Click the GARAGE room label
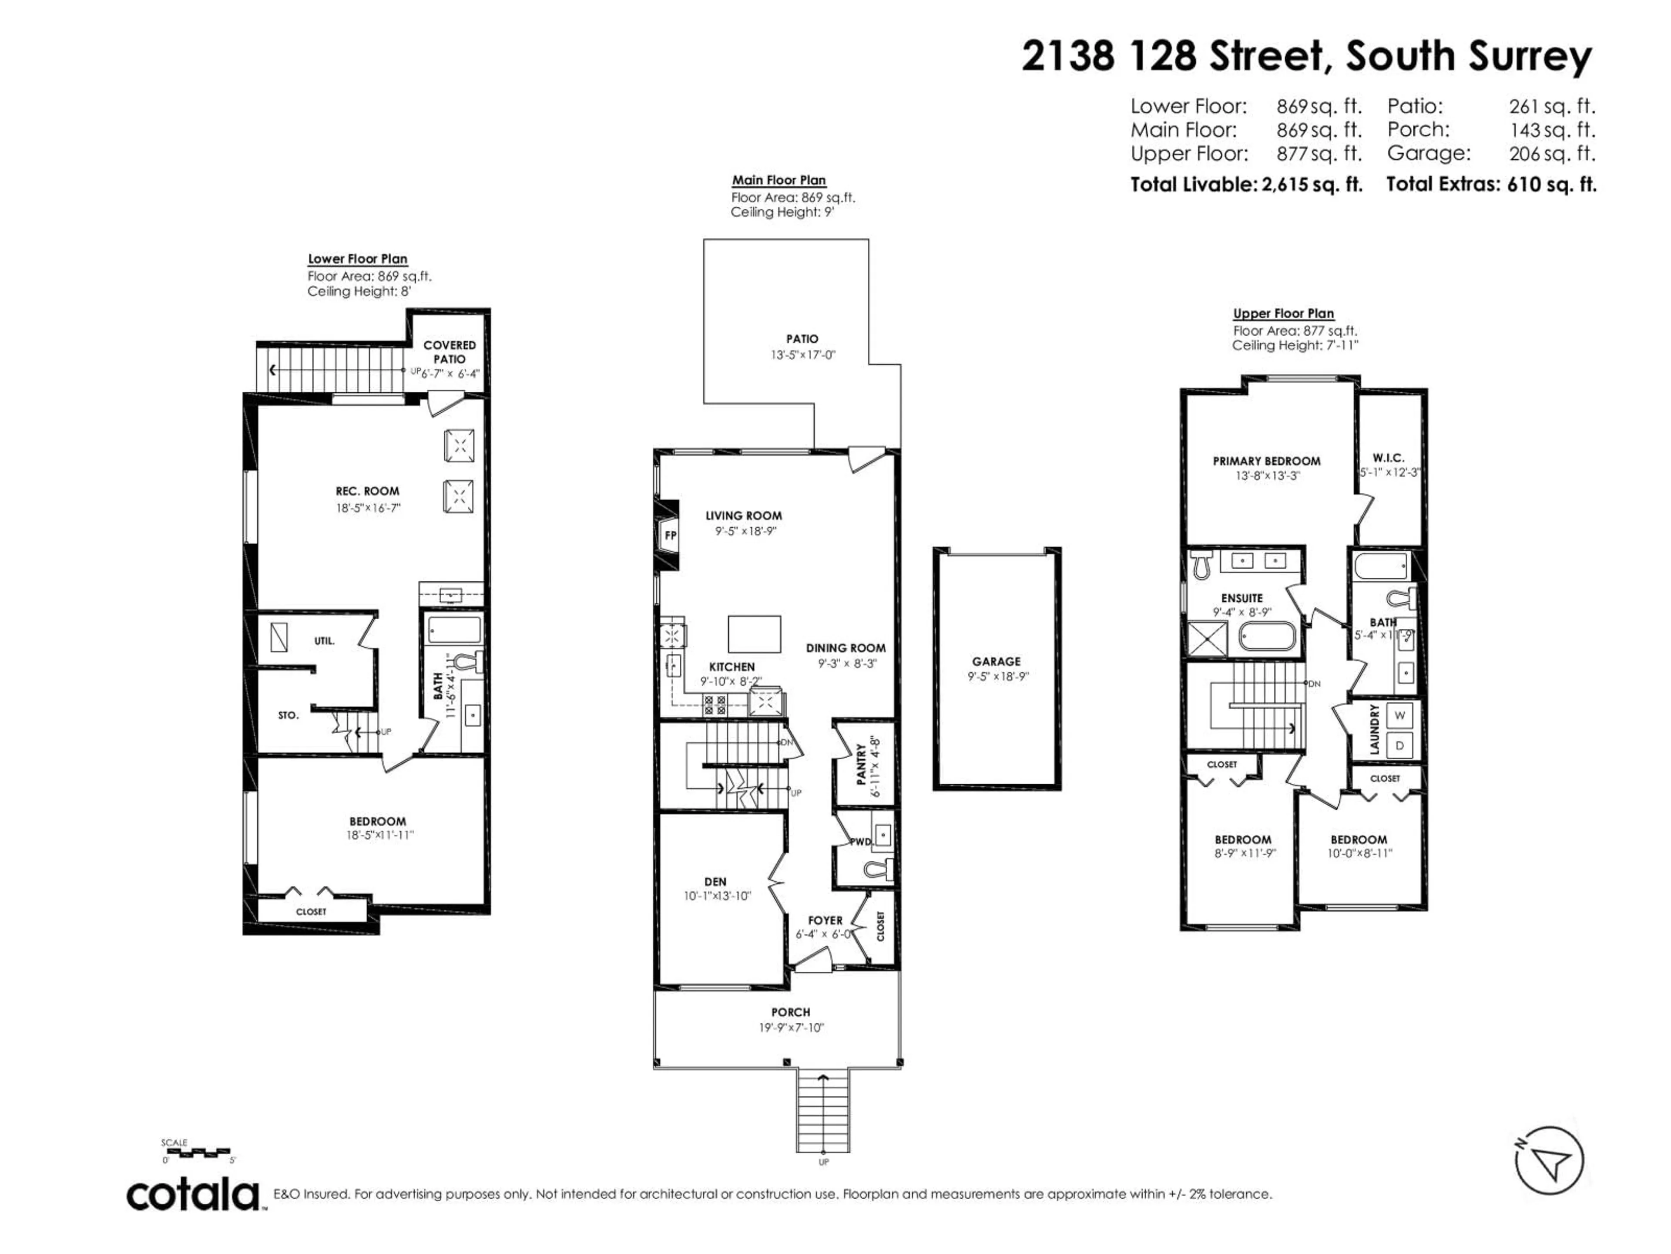(997, 661)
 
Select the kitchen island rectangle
(755, 634)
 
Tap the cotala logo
(193, 1195)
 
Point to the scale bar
(196, 1153)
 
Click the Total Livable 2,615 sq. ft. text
(1246, 185)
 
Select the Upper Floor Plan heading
(1283, 313)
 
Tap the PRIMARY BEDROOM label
(1267, 461)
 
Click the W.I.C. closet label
(1389, 458)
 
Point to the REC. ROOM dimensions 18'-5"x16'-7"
(368, 508)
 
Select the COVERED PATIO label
(450, 351)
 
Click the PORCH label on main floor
(790, 1012)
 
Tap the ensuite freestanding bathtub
(1267, 637)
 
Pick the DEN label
(715, 881)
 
